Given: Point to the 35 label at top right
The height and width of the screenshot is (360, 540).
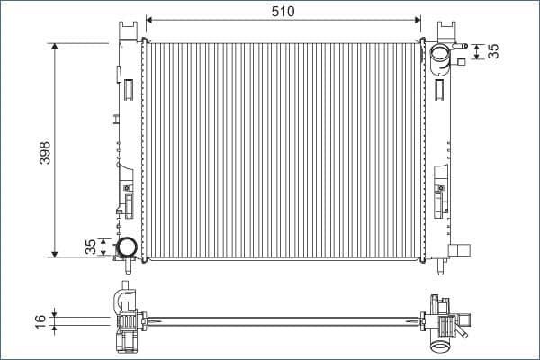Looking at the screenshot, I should click(x=493, y=50).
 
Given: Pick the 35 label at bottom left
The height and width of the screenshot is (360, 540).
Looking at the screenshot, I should click(x=89, y=247).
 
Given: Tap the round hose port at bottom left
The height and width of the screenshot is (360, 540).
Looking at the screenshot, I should click(x=126, y=246).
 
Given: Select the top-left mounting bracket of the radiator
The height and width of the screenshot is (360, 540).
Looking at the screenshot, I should click(x=123, y=31).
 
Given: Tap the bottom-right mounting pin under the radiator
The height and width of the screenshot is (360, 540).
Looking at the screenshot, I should click(x=441, y=265).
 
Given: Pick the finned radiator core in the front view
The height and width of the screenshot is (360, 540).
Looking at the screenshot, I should click(x=283, y=148).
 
